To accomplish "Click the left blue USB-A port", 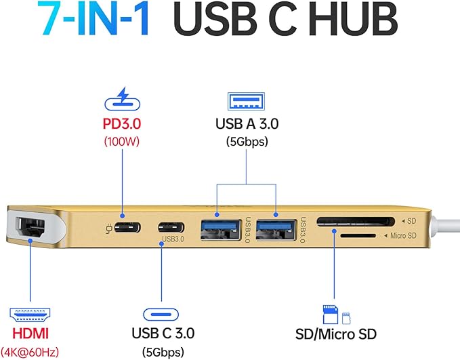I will click(219, 227).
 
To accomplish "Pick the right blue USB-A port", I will click(276, 226).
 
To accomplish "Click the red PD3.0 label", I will click(122, 126).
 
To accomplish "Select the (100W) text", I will click(122, 142).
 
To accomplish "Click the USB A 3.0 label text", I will click(247, 124).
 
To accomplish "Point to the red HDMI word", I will click(28, 334).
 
